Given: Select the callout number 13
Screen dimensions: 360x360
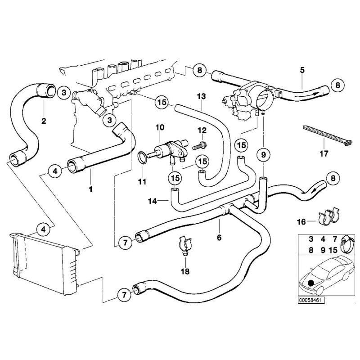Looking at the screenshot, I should pos(201,96).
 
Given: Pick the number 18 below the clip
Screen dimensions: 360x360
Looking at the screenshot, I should pos(185,271).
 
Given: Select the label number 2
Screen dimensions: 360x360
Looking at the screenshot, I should pos(44,120).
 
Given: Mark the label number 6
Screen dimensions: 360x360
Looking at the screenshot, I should pos(219,237).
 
